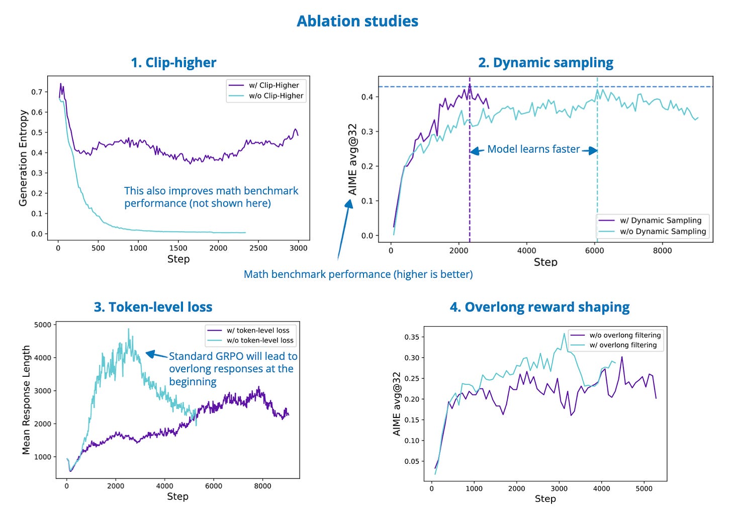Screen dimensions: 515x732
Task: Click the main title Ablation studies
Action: [357, 21]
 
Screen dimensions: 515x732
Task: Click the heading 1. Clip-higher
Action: [173, 63]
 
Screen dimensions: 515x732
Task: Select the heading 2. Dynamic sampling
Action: [545, 63]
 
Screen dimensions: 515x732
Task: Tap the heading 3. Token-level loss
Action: [153, 307]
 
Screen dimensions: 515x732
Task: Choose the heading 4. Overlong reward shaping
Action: [539, 307]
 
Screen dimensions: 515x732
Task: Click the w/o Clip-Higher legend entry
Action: [276, 96]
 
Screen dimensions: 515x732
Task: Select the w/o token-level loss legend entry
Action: [260, 340]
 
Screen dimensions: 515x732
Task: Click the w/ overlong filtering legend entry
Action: [623, 345]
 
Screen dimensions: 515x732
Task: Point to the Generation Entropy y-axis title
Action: [23, 158]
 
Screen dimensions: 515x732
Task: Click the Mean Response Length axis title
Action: [26, 400]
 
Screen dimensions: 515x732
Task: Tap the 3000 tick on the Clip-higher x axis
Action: [299, 248]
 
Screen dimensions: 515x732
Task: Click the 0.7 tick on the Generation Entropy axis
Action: [37, 92]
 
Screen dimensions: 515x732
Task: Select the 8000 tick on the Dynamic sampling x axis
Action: [662, 251]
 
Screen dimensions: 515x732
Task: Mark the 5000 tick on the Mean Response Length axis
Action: [42, 325]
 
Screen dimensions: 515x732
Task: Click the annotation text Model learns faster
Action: [533, 149]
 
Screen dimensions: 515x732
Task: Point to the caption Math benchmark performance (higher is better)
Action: [358, 274]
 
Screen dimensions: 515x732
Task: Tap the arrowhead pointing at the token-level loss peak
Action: [149, 354]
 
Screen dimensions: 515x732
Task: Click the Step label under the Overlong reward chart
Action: [545, 499]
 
